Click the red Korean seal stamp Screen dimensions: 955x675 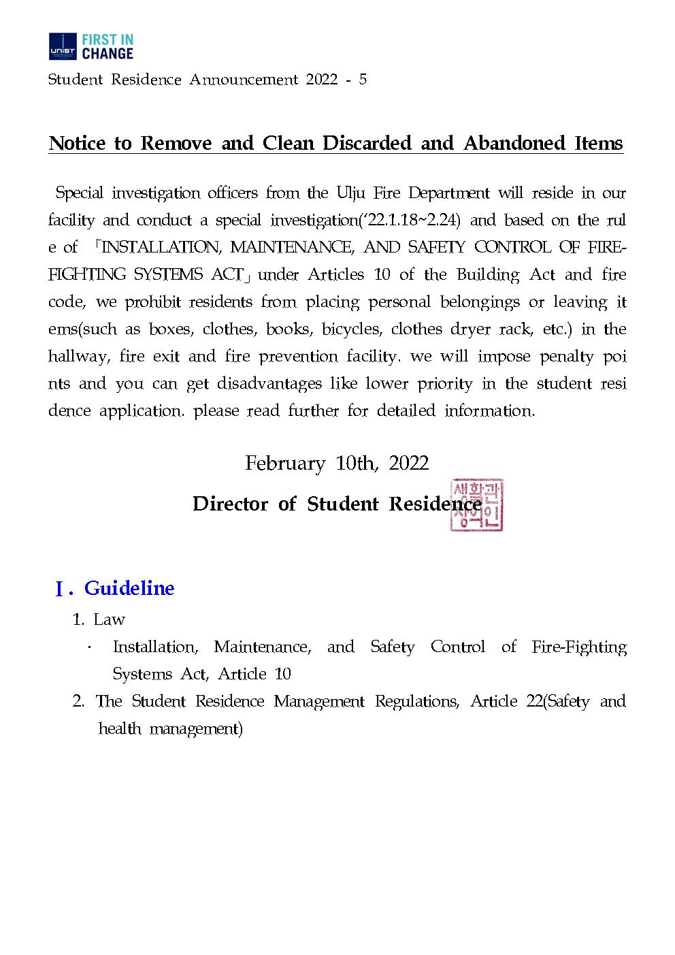(476, 504)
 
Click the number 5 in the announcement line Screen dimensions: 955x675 (363, 80)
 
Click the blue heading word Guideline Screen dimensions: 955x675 (129, 588)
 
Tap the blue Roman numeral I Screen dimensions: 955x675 (60, 589)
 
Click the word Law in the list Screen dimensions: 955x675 (109, 619)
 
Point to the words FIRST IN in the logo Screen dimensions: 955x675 (108, 39)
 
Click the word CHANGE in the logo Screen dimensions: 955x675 (108, 52)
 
